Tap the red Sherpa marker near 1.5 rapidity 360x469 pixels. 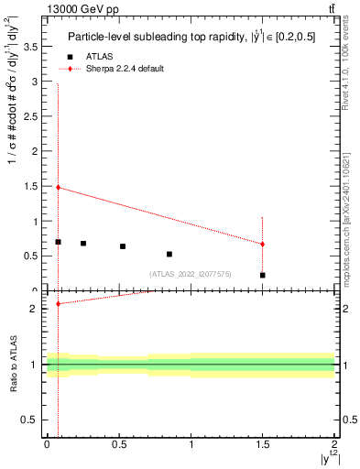coord(262,244)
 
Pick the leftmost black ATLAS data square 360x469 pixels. coord(58,242)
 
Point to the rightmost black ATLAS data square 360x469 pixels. coord(262,275)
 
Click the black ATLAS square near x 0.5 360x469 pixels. coord(123,246)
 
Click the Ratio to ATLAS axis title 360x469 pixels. coord(12,365)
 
